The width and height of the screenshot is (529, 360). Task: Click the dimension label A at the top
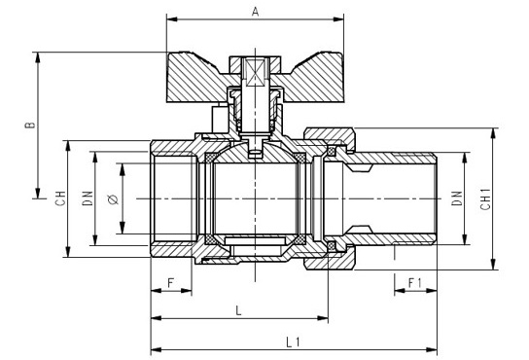coord(256,12)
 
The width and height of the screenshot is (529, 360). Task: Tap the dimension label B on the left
coord(30,125)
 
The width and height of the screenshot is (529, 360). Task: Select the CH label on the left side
coord(60,198)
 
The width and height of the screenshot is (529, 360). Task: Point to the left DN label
coord(88,198)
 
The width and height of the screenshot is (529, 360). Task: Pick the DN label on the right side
coord(457,198)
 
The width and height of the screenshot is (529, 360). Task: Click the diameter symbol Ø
coord(114,199)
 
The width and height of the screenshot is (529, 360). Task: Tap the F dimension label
coord(171,282)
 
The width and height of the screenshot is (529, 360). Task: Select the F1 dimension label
coord(415,282)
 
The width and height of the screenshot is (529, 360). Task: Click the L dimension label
coord(238,310)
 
